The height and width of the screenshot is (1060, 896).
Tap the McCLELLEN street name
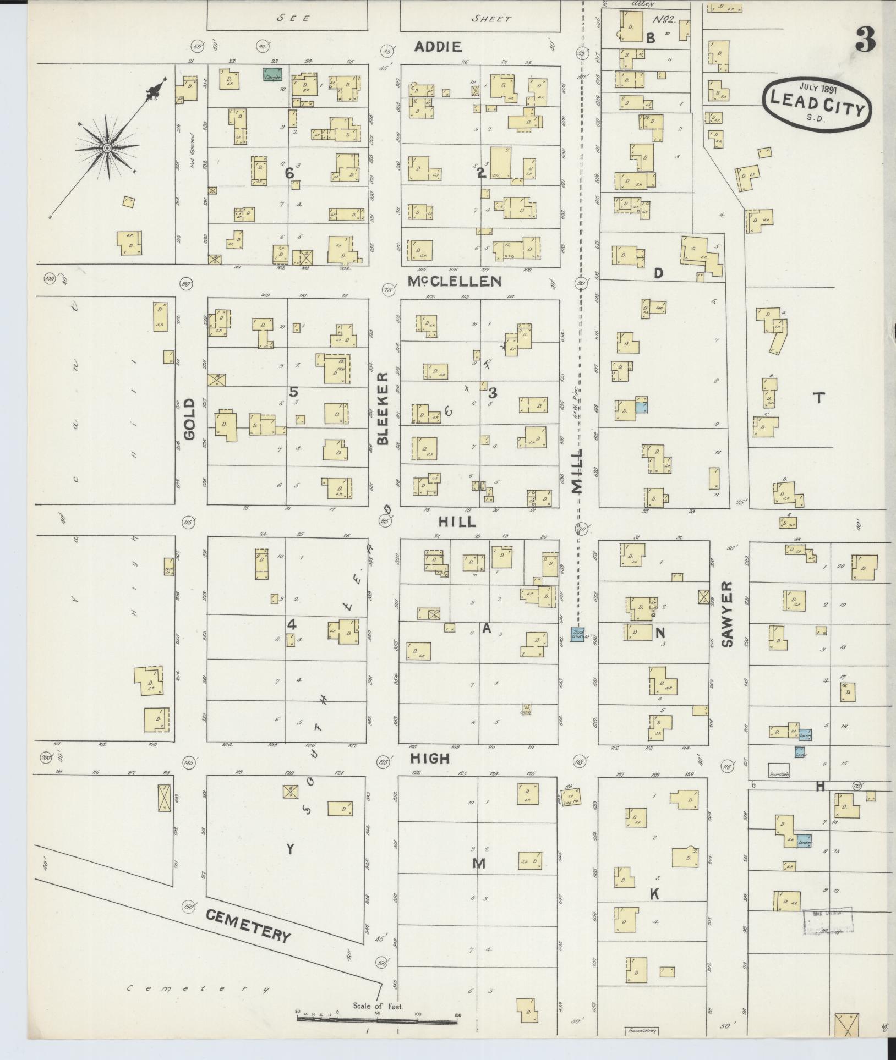tap(455, 281)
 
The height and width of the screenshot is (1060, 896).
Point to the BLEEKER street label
tap(384, 409)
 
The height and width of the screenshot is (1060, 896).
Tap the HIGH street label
tap(430, 759)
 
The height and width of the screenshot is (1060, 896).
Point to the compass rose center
tap(108, 148)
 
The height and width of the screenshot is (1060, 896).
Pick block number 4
tap(292, 625)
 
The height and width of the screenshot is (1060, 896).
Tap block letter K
tap(654, 894)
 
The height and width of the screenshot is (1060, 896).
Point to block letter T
tap(819, 398)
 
